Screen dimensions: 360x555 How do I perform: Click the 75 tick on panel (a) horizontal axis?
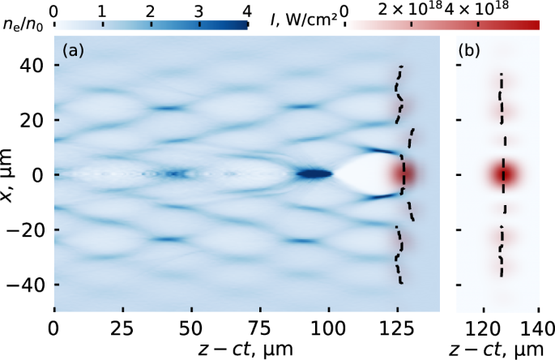(x=260, y=330)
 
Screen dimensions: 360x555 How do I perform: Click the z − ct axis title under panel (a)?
(x=246, y=349)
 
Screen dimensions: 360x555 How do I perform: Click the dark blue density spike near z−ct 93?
(x=313, y=174)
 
